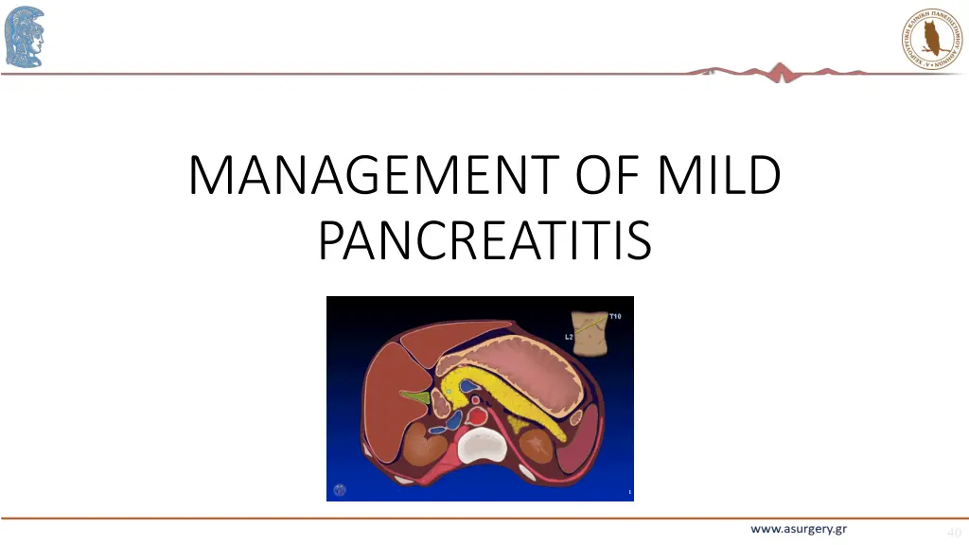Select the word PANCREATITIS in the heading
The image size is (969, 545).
click(484, 239)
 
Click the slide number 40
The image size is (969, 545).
click(953, 532)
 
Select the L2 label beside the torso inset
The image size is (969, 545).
click(569, 336)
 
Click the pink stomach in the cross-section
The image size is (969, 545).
click(525, 360)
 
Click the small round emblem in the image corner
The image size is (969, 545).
click(341, 489)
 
